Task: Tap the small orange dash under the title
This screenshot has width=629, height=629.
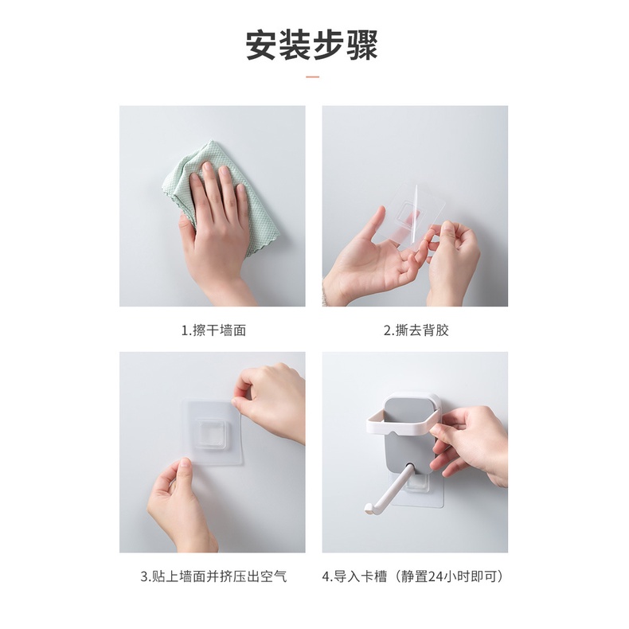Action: (312, 77)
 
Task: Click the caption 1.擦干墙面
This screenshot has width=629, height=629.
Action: (213, 330)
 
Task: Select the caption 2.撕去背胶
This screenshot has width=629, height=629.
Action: (416, 330)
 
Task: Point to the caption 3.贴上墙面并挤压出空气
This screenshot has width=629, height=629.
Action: (213, 576)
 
